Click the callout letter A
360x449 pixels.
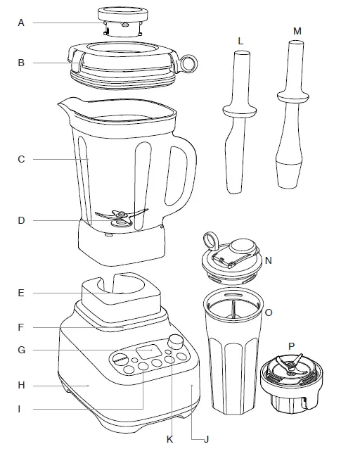pos(21,23)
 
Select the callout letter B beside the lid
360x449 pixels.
pos(21,63)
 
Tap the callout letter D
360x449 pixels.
pos(21,220)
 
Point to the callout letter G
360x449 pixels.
pos(21,350)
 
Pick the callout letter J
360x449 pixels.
pos(206,440)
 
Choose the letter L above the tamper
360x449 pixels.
pos(240,42)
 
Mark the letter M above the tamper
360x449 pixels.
pos(296,32)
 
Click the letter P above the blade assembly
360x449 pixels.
pos(291,346)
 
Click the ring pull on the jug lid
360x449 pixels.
pos(189,64)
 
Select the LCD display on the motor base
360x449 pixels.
pos(148,352)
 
